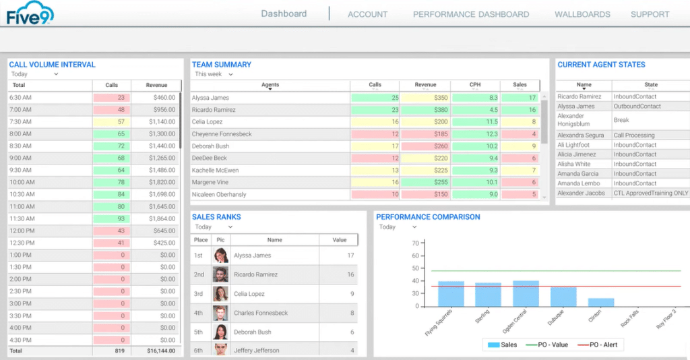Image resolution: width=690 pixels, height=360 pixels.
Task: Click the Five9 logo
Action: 30,13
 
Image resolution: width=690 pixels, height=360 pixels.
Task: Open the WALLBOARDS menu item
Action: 582,14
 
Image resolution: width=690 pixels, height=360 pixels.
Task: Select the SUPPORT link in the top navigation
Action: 650,14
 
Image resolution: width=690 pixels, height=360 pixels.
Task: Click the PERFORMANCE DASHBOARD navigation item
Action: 470,14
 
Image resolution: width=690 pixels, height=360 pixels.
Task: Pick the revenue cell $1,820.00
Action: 156,183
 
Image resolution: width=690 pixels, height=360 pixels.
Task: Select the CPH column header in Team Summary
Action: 475,85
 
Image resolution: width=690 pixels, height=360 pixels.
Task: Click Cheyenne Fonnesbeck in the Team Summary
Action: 222,134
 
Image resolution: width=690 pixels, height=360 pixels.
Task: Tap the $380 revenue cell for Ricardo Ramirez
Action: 425,110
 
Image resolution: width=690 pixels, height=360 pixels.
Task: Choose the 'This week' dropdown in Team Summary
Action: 212,74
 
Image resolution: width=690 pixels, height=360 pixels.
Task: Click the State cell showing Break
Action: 621,120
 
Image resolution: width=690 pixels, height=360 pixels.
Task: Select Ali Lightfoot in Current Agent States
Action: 573,145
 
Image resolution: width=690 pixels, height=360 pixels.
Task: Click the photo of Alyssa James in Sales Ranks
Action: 220,256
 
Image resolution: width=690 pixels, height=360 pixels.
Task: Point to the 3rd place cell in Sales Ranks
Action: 199,294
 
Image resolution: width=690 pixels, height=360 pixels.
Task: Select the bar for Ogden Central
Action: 526,293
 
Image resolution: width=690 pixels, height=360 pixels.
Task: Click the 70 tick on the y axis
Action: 415,243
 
